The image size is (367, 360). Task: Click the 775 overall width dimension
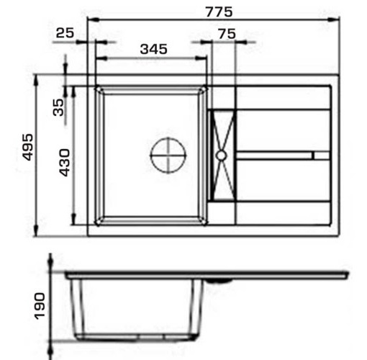(x=219, y=12)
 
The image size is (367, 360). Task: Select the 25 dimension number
(x=65, y=33)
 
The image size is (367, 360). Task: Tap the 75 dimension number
(x=227, y=34)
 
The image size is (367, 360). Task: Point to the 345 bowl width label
(x=153, y=49)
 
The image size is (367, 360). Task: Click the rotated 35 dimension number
(x=58, y=107)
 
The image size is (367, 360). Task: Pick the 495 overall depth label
(x=27, y=147)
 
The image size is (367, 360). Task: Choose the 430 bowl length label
(x=65, y=163)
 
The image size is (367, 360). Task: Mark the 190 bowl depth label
(x=40, y=306)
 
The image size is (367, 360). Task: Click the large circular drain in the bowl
(x=168, y=156)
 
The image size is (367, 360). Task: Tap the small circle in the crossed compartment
(x=221, y=156)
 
